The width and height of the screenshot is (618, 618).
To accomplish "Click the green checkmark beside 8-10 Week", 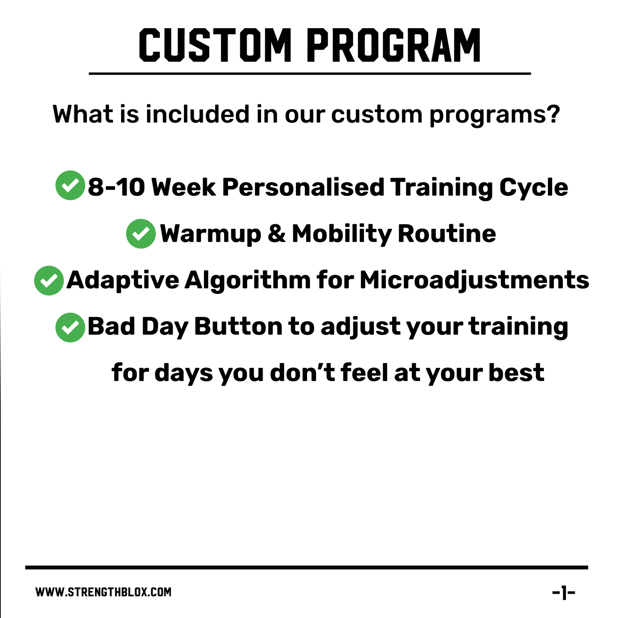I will click(70, 186).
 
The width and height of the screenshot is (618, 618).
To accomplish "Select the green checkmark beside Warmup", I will click(141, 234).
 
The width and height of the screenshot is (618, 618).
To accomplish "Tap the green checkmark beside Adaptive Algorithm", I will click(49, 281).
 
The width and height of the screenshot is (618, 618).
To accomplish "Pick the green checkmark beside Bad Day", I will click(70, 328).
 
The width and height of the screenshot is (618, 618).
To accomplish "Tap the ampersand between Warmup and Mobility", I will click(276, 234).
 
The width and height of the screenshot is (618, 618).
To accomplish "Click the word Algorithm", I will click(248, 281).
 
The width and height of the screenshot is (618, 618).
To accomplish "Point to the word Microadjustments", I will click(474, 281).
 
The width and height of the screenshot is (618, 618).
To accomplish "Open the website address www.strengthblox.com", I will click(103, 592).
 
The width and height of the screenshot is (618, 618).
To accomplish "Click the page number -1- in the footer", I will click(564, 593).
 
